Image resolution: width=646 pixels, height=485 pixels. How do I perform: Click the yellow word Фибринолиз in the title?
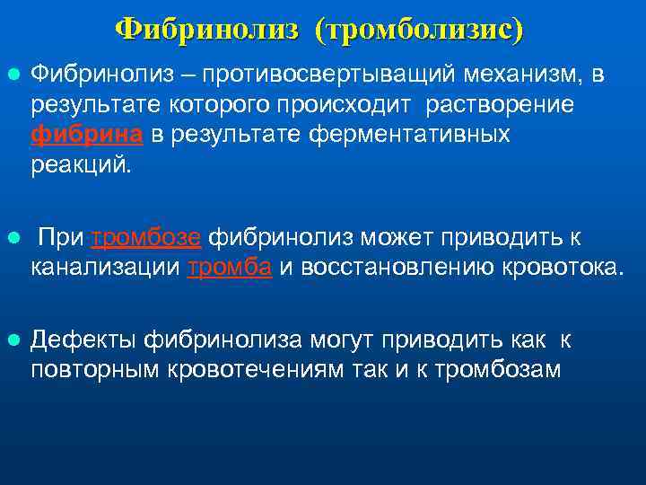point(207,30)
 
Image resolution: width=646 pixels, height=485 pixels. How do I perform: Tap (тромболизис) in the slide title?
point(419,30)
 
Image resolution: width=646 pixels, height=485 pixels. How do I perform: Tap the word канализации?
point(107,268)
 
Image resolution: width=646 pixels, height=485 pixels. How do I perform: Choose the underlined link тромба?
point(230,268)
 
